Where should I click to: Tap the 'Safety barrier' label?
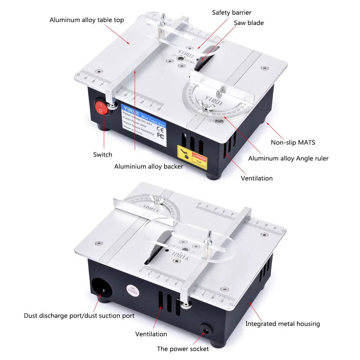tap(231, 13)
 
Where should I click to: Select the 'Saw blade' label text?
tap(249, 23)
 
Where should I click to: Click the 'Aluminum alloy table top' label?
tap(87, 20)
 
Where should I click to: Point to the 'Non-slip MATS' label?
tap(293, 142)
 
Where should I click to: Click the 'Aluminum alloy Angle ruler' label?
tap(288, 158)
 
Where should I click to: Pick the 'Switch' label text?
tap(103, 154)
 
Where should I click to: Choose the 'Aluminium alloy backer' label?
tap(149, 166)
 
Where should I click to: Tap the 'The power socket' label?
tap(183, 348)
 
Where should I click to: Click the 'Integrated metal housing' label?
tap(283, 324)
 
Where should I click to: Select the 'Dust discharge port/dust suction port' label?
tap(79, 316)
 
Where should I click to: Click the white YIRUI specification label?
tap(143, 126)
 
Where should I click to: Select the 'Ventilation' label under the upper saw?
tap(257, 178)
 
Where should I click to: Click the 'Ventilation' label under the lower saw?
tap(151, 334)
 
